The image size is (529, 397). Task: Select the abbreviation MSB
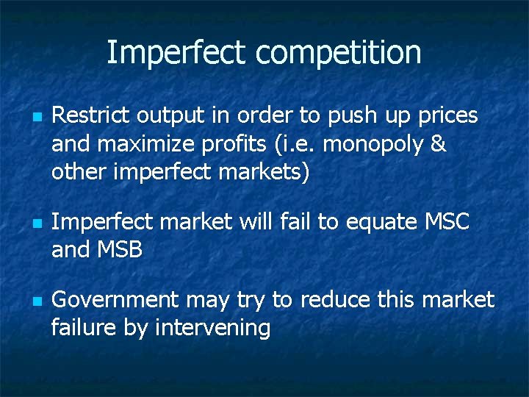[x=119, y=249]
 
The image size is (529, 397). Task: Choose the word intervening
[x=213, y=328]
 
